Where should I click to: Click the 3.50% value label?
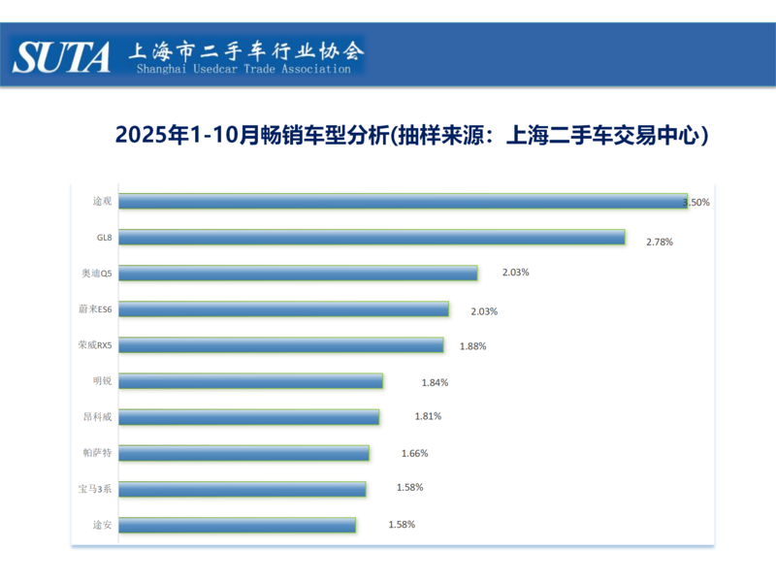click(697, 203)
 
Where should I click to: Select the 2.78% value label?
click(660, 241)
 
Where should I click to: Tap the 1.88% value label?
click(472, 346)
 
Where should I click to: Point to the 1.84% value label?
click(435, 382)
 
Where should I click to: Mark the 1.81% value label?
click(429, 416)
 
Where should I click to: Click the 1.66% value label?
click(414, 453)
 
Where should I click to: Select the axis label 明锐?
click(102, 380)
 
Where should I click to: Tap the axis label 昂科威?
click(97, 416)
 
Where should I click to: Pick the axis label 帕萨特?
click(97, 452)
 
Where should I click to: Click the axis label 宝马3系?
click(96, 488)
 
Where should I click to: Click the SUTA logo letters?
click(62, 56)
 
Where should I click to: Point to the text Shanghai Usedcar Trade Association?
click(243, 70)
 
